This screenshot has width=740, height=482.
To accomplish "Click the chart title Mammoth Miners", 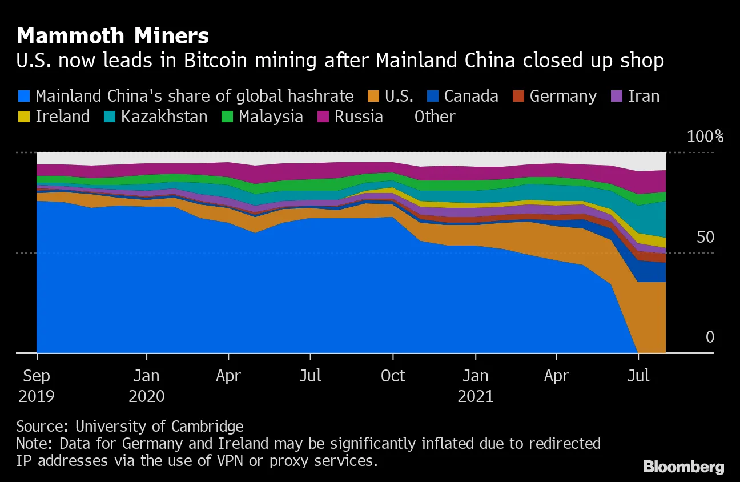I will coord(112,37).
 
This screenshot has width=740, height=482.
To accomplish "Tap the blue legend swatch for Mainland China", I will coord(25,96).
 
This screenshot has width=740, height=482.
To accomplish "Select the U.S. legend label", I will coord(399,96).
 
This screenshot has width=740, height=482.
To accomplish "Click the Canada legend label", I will coord(471,96).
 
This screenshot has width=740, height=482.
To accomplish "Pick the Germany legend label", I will coord(563,96).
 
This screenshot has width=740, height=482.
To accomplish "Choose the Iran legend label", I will coord(644,96).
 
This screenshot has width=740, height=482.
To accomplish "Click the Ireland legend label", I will coord(62,117).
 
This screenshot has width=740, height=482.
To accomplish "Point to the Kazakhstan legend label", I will coord(164,117).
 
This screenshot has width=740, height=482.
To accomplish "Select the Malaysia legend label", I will coord(271,117).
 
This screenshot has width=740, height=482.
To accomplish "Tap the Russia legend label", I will coord(359,117).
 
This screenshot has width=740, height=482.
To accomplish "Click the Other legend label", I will coord(435,117).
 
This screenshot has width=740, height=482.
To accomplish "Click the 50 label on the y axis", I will coord(706,237).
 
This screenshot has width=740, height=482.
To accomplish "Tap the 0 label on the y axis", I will coord(710,337).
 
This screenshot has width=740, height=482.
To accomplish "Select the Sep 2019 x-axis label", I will coord(37,385).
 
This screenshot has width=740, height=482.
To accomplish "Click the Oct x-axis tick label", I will coord(393,376).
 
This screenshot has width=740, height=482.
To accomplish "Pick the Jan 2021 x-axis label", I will coord(475,385).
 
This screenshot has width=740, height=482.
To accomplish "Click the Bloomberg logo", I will coord(683,467).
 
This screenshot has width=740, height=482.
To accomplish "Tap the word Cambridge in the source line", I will coord(209,426).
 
